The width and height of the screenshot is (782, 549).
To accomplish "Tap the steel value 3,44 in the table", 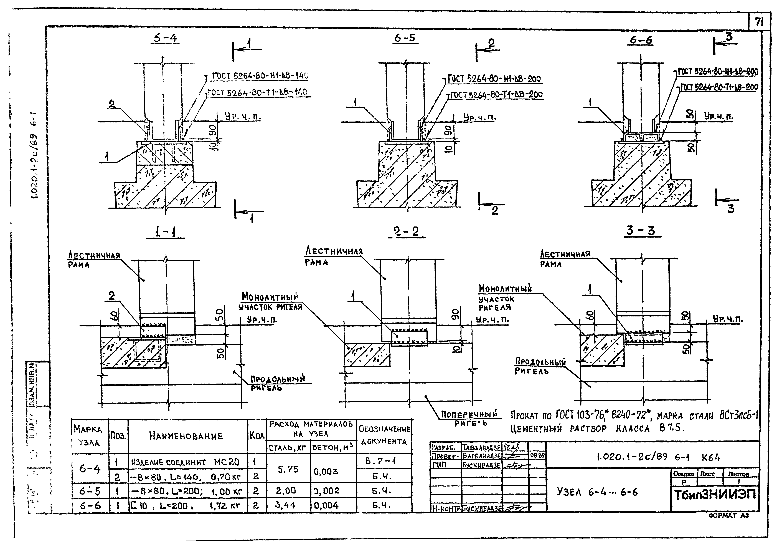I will pyautogui.click(x=285, y=505).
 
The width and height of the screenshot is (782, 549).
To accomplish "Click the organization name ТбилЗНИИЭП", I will pyautogui.click(x=715, y=495).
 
